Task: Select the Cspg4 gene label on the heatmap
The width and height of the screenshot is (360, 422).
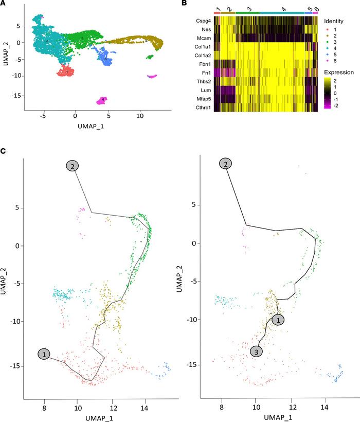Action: (x=203, y=21)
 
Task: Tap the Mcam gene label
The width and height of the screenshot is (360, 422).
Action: (x=204, y=38)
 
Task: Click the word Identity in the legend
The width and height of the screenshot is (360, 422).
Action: (x=334, y=21)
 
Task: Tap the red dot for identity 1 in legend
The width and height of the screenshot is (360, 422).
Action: (x=328, y=30)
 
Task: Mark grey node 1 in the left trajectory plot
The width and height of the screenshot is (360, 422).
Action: (x=45, y=354)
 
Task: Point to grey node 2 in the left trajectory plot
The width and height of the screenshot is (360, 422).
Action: (x=73, y=166)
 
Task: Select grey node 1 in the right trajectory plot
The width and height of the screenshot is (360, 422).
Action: (x=278, y=320)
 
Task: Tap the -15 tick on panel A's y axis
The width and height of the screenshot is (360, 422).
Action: (x=17, y=96)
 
